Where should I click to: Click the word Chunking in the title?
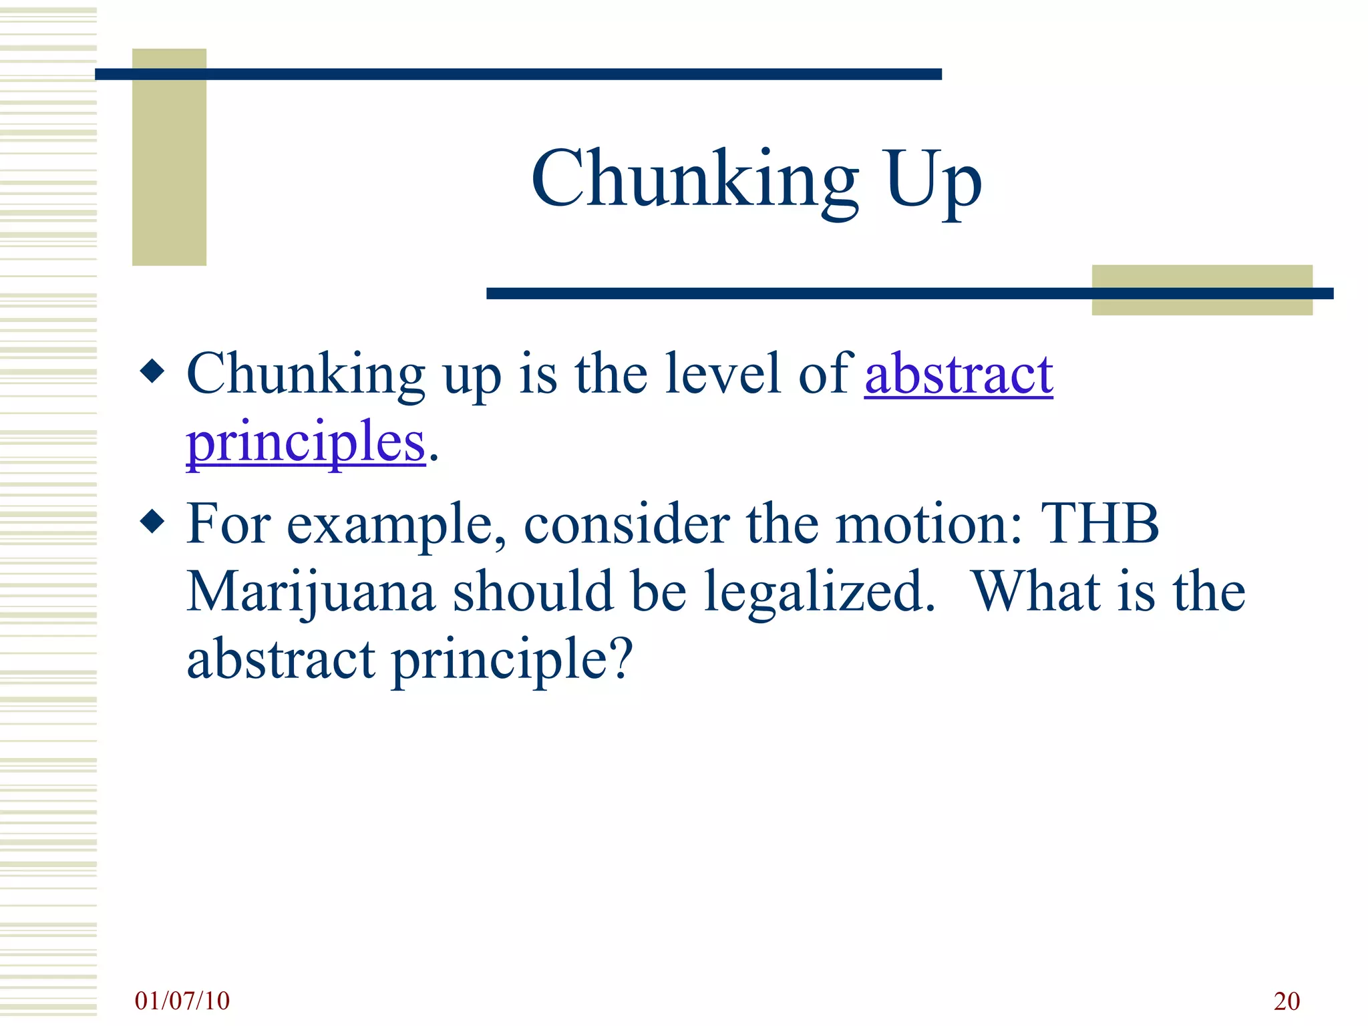(695, 179)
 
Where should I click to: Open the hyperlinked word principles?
(306, 442)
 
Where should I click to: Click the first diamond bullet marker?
(153, 371)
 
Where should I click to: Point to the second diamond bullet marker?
(153, 522)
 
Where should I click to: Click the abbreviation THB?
(1100, 524)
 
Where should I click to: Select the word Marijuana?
(311, 592)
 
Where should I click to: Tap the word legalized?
(819, 592)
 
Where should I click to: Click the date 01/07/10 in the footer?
(182, 1001)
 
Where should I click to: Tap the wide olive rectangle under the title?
(1202, 290)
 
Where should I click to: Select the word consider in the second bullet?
(626, 524)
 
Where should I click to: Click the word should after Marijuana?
(532, 592)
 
